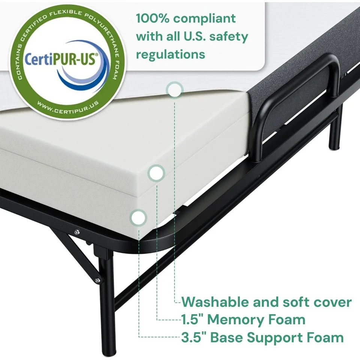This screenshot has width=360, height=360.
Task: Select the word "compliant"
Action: pyautogui.click(x=204, y=19)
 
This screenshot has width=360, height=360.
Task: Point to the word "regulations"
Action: pyautogui.click(x=171, y=55)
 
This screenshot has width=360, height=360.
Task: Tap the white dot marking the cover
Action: pyautogui.click(x=175, y=90)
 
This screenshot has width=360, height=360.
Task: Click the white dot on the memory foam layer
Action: pyautogui.click(x=156, y=173)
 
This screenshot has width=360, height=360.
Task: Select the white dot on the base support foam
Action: pyautogui.click(x=138, y=217)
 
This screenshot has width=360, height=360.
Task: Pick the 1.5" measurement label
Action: pyautogui.click(x=192, y=319)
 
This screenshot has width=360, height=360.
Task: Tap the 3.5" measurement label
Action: pyautogui.click(x=193, y=337)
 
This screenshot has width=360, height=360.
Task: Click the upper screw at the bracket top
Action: pyautogui.click(x=77, y=232)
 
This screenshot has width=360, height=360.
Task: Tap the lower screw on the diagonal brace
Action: pyautogui.click(x=97, y=280)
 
